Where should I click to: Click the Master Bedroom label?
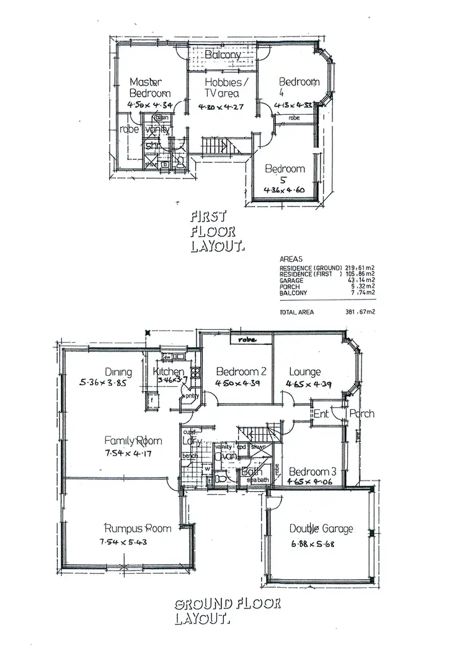pyautogui.click(x=146, y=87)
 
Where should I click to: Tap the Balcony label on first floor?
pyautogui.click(x=223, y=55)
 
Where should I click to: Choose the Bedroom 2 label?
pyautogui.click(x=241, y=371)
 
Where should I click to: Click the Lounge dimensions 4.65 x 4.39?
pyautogui.click(x=309, y=384)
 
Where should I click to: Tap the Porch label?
pyautogui.click(x=361, y=414)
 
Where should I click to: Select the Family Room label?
pyautogui.click(x=133, y=441)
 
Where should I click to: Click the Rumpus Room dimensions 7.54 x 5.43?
pyautogui.click(x=125, y=541)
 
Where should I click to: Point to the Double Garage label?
pyautogui.click(x=321, y=528)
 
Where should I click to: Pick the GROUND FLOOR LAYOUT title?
pyautogui.click(x=227, y=610)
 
